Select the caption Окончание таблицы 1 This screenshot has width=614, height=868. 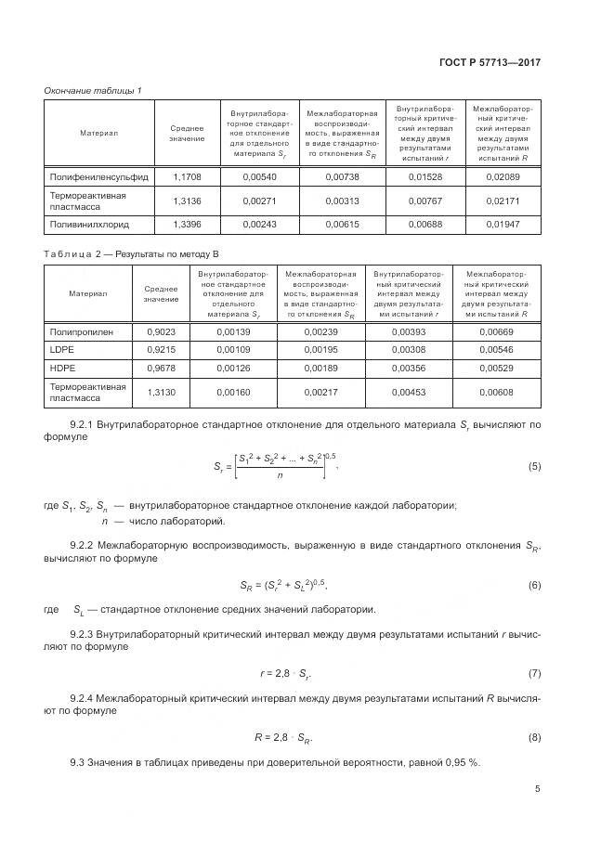[x=93, y=89]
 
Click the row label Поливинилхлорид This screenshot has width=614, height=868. [x=88, y=224]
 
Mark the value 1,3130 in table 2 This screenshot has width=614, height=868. [x=161, y=392]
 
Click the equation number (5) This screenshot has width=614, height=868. [x=533, y=466]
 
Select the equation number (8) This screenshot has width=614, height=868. [x=533, y=737]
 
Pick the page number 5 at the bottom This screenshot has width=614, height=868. [x=537, y=789]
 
